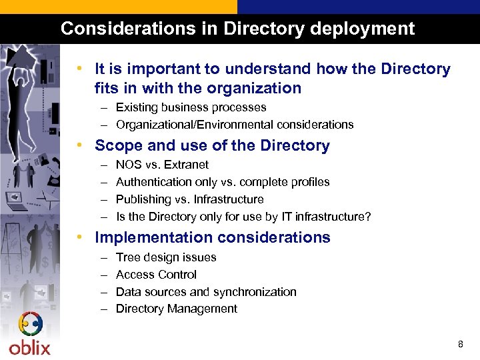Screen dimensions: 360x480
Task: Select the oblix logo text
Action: [29, 347]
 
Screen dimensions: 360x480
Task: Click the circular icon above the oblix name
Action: [30, 325]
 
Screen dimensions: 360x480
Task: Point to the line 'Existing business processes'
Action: [191, 107]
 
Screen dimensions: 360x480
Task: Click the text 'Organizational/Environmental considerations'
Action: [235, 125]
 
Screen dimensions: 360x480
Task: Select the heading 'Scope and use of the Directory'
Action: [212, 145]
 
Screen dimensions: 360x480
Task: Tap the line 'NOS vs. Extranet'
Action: [162, 165]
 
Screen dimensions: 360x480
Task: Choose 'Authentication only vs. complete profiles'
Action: [223, 182]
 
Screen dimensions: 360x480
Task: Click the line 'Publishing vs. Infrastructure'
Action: [189, 199]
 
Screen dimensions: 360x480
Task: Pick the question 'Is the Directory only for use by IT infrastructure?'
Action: [243, 217]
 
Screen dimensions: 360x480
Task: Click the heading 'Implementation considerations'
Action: [212, 237]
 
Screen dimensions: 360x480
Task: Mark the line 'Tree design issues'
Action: [166, 257]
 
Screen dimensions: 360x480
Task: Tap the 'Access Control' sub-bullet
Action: [156, 275]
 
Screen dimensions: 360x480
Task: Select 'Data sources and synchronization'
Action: [206, 292]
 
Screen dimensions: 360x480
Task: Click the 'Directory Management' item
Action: [176, 309]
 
